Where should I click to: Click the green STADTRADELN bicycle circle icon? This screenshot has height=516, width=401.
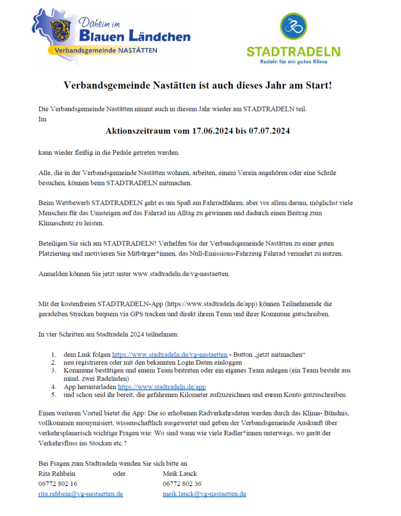point(293,27)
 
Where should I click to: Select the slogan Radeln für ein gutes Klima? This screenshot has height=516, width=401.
point(293,61)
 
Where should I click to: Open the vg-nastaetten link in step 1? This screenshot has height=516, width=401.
point(169,354)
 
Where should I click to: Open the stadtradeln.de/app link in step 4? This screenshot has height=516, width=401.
point(162,387)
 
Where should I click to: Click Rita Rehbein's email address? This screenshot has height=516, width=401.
point(81,494)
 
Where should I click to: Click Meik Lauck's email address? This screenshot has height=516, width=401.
point(204,494)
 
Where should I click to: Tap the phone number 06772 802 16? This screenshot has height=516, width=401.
point(58,484)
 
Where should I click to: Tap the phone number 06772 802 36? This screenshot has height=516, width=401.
point(182,484)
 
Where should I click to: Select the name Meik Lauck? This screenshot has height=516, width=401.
point(180,474)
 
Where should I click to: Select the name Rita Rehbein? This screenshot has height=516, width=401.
point(57,474)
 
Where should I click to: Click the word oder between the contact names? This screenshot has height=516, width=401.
point(119,474)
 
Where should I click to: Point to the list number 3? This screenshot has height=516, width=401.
point(53,370)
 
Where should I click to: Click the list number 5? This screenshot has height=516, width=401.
point(53,395)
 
